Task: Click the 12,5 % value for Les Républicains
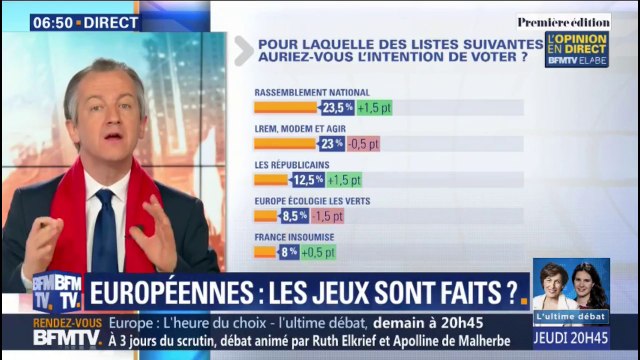[x=307, y=180]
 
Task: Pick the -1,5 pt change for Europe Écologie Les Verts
[x=327, y=216]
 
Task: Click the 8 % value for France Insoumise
[x=288, y=252]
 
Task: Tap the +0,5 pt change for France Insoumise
[x=318, y=252]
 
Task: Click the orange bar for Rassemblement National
[x=286, y=108]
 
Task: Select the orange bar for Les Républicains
[x=271, y=180]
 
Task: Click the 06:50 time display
[x=56, y=21]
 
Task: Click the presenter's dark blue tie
[x=104, y=236]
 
